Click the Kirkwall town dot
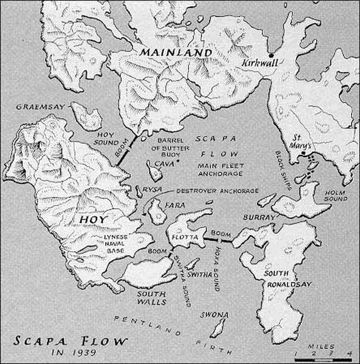coord(271,55)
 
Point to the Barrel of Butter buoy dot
coord(177,161)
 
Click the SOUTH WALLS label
coord(151,298)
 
